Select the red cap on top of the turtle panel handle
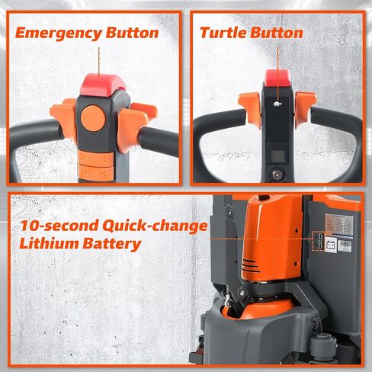(278, 76)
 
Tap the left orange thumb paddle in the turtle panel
(249, 107)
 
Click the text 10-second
(56, 226)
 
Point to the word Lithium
(49, 244)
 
